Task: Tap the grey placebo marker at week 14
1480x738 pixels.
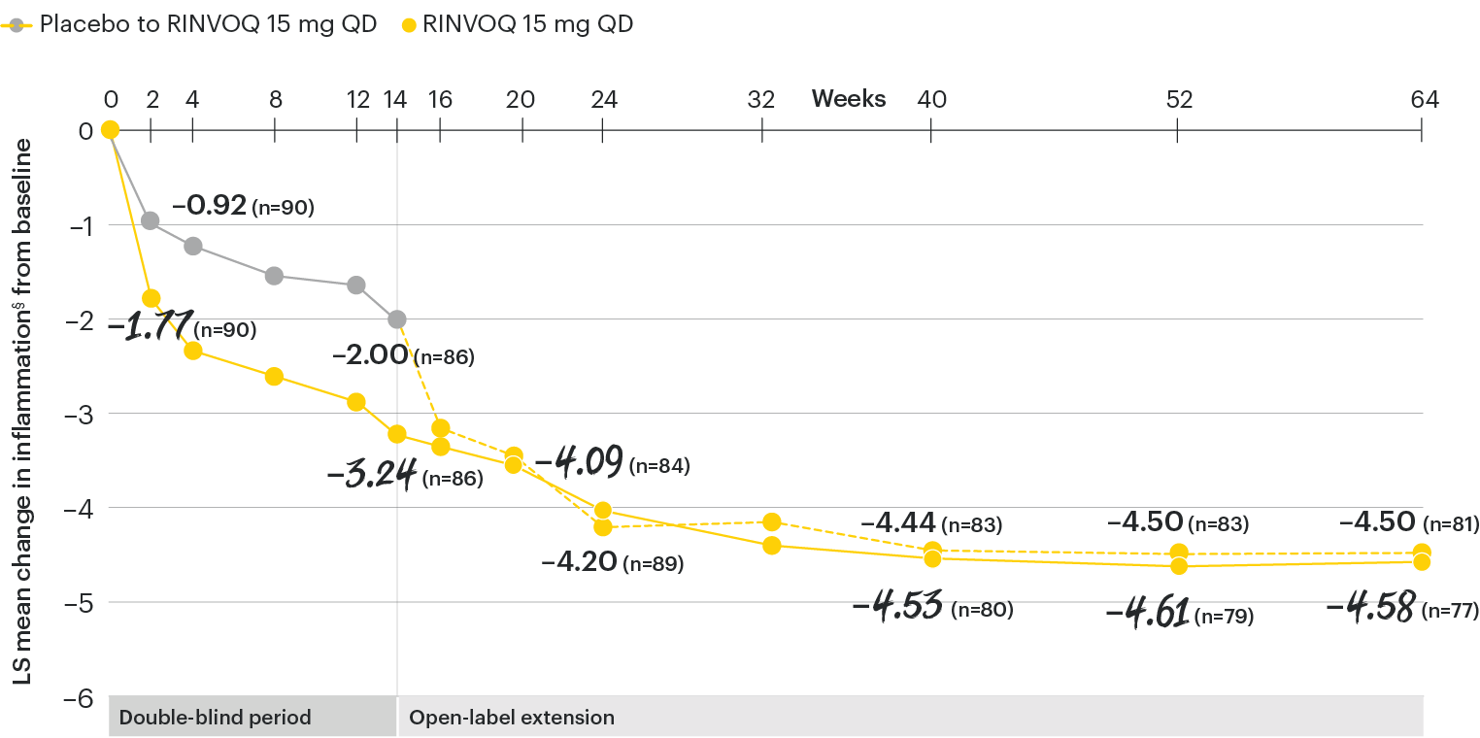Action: (x=396, y=319)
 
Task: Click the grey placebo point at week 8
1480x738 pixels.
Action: (x=274, y=276)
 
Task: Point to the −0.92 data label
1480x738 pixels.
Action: (x=209, y=206)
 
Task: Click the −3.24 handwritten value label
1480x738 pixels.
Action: (x=372, y=475)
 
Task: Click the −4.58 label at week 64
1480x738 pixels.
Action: (x=1368, y=609)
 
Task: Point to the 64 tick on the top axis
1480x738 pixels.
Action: (x=1423, y=99)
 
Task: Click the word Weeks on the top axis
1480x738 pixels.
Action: (x=848, y=99)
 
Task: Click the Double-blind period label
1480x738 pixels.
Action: (x=215, y=719)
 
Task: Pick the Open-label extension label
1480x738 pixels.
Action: (x=512, y=719)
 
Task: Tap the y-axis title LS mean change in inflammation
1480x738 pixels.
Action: (x=23, y=411)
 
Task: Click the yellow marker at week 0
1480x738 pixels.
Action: (x=110, y=130)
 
